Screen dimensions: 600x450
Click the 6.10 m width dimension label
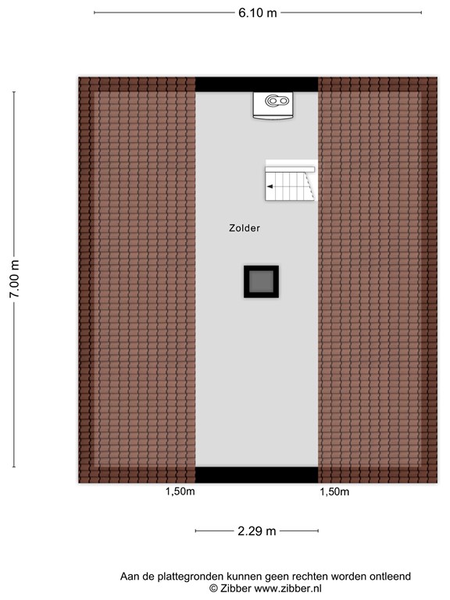point(257,12)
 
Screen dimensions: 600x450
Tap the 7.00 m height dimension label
point(13,280)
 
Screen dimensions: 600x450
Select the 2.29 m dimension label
point(257,531)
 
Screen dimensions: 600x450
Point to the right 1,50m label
point(334,492)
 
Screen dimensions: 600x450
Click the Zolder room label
point(245,229)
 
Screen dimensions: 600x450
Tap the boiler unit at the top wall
point(273,105)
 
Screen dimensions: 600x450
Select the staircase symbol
point(290,181)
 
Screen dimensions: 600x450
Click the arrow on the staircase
point(270,187)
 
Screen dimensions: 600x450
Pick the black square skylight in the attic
point(261,281)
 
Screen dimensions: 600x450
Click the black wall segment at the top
point(256,84)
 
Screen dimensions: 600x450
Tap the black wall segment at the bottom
point(256,475)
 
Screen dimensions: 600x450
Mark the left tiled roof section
point(137,280)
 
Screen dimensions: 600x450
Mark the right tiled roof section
point(377,280)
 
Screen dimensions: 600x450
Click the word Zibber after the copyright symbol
point(235,588)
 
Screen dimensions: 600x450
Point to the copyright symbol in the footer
point(212,588)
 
